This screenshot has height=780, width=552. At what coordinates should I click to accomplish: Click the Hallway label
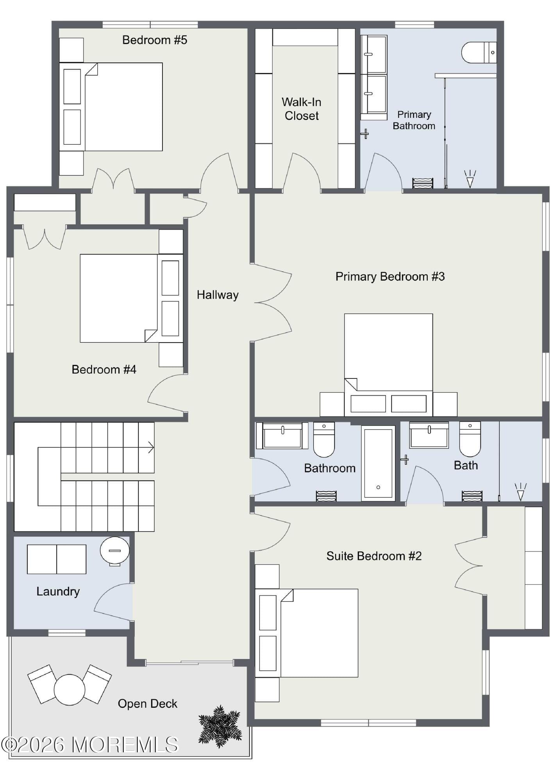click(x=218, y=295)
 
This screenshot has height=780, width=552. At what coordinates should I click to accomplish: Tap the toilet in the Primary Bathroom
click(x=479, y=52)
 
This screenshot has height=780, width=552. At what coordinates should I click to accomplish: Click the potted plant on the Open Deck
click(x=220, y=725)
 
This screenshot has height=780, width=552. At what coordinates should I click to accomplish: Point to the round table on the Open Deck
click(x=70, y=689)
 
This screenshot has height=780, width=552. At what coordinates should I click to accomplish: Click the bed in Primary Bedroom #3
click(x=388, y=365)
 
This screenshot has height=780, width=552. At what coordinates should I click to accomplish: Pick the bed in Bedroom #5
click(x=111, y=107)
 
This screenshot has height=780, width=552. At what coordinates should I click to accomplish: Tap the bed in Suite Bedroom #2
click(x=306, y=633)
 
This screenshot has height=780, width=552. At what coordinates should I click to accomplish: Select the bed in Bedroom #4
click(x=132, y=298)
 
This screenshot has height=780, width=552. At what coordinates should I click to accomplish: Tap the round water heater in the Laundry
click(x=114, y=551)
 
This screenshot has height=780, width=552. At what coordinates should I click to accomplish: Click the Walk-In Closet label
click(x=302, y=109)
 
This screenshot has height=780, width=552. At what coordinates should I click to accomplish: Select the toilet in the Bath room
click(x=470, y=439)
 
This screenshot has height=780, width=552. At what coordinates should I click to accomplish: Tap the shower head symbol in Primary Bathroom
click(x=470, y=178)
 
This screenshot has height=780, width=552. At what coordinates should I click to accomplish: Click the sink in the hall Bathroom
click(x=282, y=435)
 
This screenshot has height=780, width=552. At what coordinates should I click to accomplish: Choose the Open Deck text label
click(x=148, y=704)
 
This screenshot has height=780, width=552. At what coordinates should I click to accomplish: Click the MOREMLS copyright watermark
click(x=89, y=744)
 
